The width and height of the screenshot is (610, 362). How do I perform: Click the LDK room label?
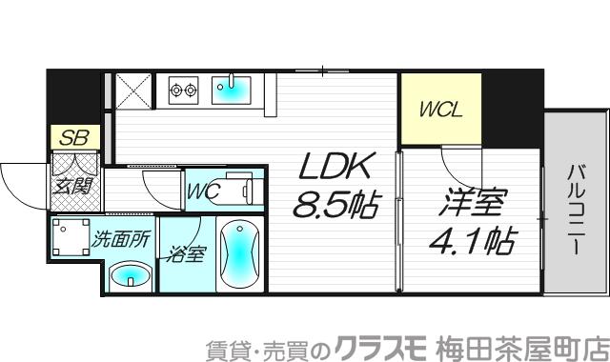click(x=334, y=169)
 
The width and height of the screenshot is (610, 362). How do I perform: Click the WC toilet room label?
click(x=203, y=191)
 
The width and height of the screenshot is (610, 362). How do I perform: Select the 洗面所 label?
click(x=120, y=240)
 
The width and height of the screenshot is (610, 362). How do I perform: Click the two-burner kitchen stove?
click(x=182, y=90)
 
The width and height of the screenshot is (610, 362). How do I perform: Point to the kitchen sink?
click(x=230, y=90)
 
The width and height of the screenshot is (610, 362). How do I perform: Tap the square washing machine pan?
click(x=70, y=239)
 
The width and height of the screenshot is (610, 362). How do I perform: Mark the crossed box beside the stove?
click(x=131, y=90)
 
